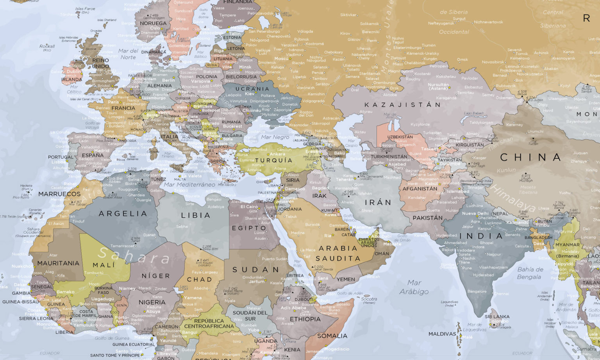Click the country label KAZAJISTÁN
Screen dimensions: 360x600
click(x=402, y=105)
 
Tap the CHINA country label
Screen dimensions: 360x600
click(x=530, y=157)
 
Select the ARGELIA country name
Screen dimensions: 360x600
click(x=123, y=214)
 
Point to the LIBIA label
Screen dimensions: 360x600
click(x=196, y=215)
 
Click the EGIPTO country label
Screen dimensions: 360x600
click(x=249, y=228)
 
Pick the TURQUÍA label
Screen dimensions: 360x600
click(x=274, y=160)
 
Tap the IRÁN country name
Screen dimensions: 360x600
click(x=378, y=202)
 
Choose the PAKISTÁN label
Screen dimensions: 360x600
click(x=427, y=218)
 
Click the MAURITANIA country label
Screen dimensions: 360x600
click(x=58, y=263)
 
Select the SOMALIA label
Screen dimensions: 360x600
click(x=332, y=336)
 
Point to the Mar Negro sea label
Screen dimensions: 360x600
click(x=275, y=137)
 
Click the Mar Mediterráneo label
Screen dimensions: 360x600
click(x=189, y=184)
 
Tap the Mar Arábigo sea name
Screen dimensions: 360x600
click(x=414, y=287)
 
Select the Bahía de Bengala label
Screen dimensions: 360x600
click(x=530, y=273)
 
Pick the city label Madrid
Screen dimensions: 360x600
click(x=102, y=150)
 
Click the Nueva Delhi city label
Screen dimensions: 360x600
click(x=475, y=214)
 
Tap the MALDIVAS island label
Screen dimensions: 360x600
click(x=442, y=334)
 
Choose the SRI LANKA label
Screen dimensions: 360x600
click(x=497, y=317)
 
